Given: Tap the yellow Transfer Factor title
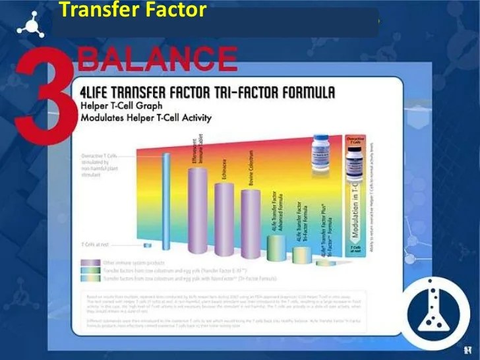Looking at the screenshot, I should [133, 11].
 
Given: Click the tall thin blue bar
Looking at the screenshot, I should [166, 204].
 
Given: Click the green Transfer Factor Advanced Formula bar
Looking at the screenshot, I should [277, 247].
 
